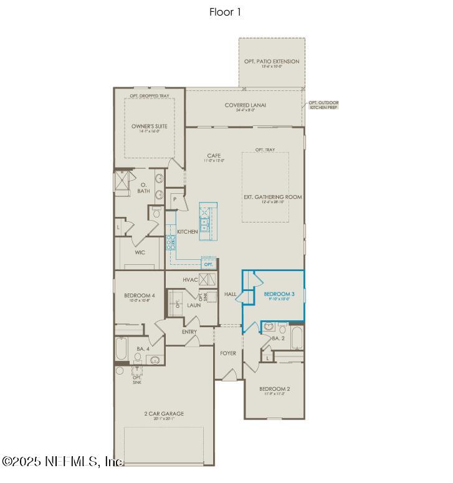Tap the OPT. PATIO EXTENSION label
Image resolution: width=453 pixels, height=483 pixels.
[x=272, y=62]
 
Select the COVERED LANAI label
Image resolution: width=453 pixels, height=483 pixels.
[x=246, y=105]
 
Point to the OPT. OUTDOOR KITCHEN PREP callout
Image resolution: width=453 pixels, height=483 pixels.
[x=323, y=105]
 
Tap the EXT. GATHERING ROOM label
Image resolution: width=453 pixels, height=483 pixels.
[x=272, y=197]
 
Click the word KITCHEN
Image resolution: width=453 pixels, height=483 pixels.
[x=187, y=232]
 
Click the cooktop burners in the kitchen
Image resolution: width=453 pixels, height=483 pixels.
[x=170, y=242]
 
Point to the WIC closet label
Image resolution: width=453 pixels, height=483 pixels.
[x=140, y=253]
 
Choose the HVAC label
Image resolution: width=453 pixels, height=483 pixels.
[x=190, y=280]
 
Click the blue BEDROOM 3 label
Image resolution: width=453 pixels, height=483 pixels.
[x=279, y=294]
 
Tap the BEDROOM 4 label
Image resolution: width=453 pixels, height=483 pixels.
[x=140, y=295]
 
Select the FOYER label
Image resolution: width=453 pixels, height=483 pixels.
[x=228, y=353]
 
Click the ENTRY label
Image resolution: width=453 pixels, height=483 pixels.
[x=189, y=332]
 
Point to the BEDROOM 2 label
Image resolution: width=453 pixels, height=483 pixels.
[x=275, y=388]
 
